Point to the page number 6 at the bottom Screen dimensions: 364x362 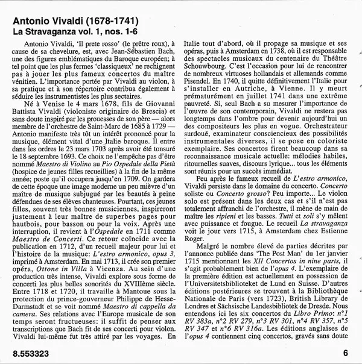coord(345,354)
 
